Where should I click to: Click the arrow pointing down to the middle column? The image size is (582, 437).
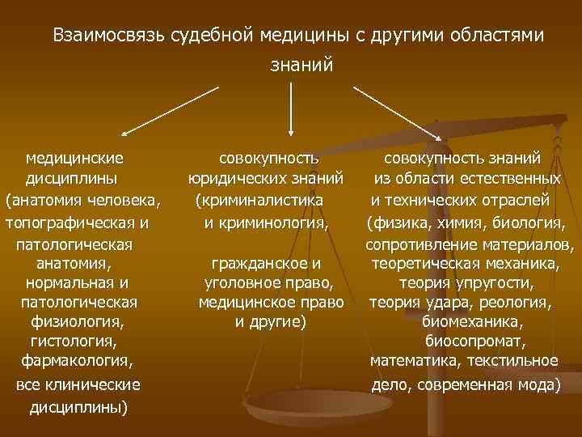(x=291, y=105)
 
